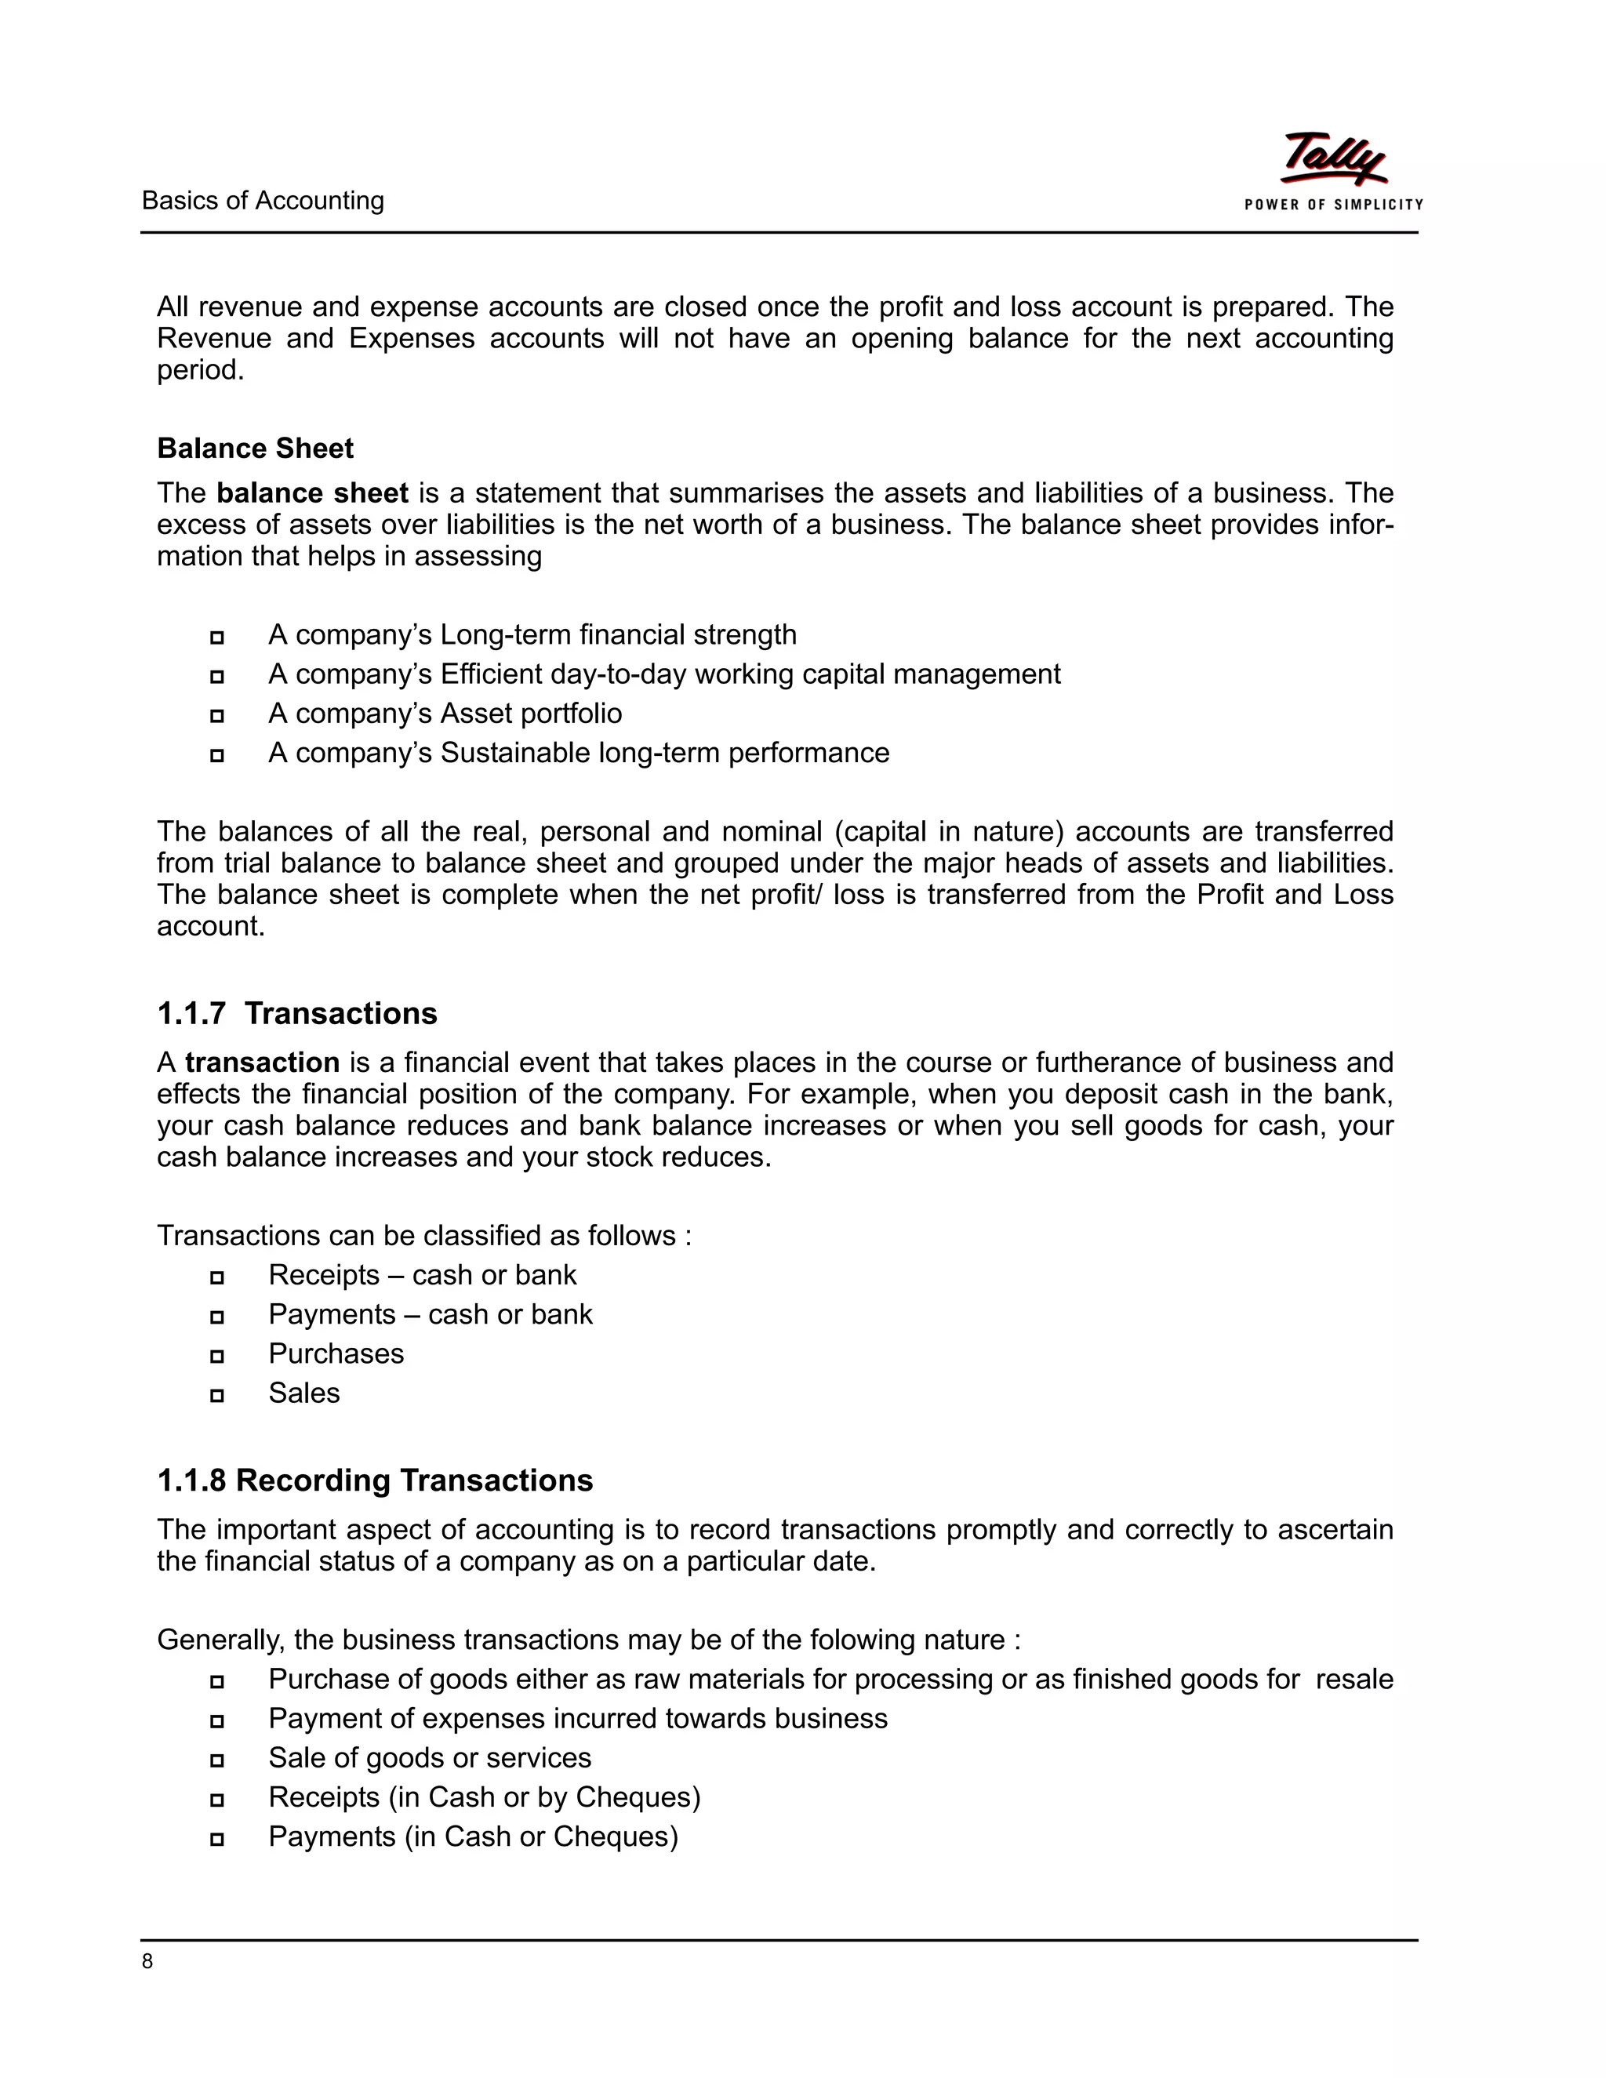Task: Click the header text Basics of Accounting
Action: pyautogui.click(x=263, y=201)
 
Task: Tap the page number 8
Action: pyautogui.click(x=147, y=1961)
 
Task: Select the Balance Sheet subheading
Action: pyautogui.click(x=255, y=448)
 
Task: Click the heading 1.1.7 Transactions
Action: pyautogui.click(x=297, y=1013)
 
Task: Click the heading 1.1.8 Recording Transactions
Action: pyautogui.click(x=375, y=1480)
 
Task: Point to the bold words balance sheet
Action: pyautogui.click(x=312, y=493)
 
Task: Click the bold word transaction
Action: pyautogui.click(x=262, y=1062)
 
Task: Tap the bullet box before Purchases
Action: pyautogui.click(x=217, y=1356)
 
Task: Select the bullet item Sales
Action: pyautogui.click(x=303, y=1393)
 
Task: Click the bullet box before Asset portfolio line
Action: pyautogui.click(x=217, y=715)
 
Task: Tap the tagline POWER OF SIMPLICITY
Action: pyautogui.click(x=1333, y=205)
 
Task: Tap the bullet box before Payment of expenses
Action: pyautogui.click(x=217, y=1720)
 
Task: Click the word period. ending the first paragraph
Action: pyautogui.click(x=201, y=370)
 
